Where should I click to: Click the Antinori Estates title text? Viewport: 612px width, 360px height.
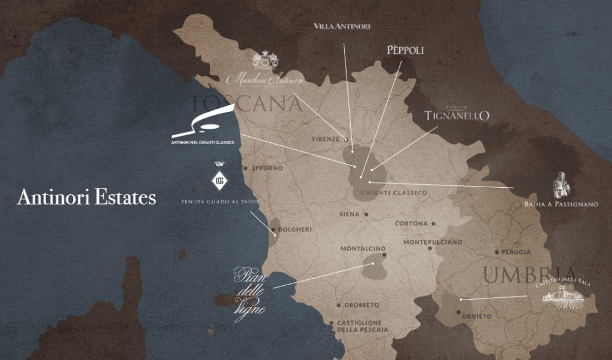tap(87, 197)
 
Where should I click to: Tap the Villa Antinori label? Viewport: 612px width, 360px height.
tap(342, 26)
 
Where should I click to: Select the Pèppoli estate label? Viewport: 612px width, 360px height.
tap(405, 51)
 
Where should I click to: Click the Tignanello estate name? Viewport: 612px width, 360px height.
tap(457, 115)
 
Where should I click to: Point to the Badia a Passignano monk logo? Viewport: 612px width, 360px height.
tap(561, 186)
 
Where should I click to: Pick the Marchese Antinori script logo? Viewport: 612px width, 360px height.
tap(265, 78)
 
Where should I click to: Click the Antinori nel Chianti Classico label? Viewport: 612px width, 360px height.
tap(203, 143)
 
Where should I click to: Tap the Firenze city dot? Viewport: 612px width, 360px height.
tap(345, 139)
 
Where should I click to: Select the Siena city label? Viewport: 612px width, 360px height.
tap(349, 214)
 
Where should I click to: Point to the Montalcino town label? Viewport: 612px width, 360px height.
tap(363, 249)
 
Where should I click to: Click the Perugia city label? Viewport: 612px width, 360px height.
tap(516, 252)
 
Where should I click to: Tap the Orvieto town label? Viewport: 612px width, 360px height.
tap(477, 316)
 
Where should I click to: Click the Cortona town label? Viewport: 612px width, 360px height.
tap(411, 224)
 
